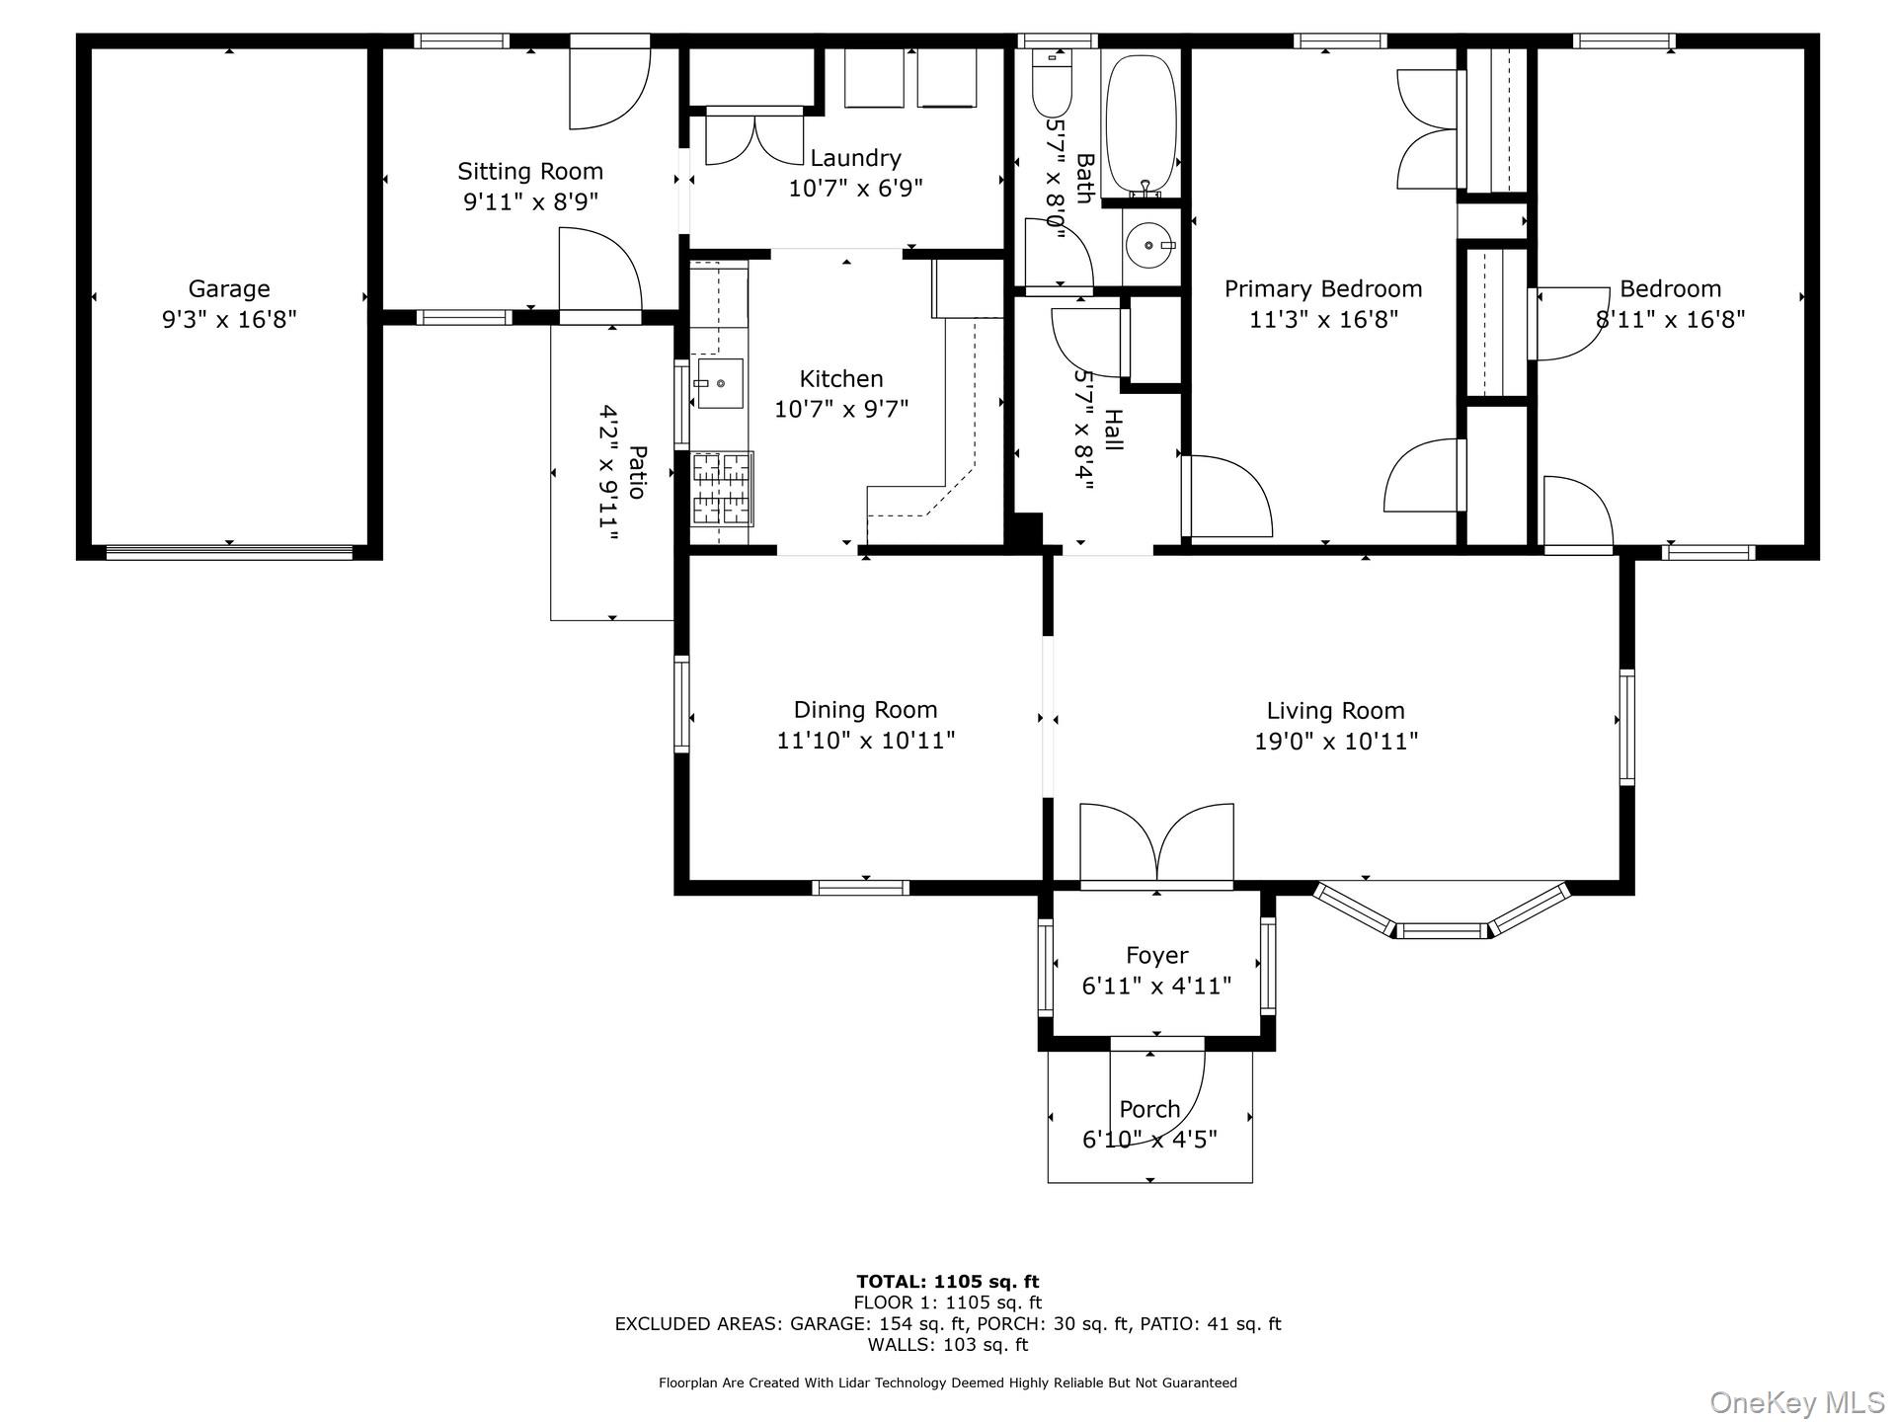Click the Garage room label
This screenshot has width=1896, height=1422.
coord(229,289)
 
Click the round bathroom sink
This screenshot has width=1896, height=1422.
coord(1149,243)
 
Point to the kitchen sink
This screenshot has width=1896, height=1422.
coord(719,383)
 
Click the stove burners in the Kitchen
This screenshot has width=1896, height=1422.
coord(722,488)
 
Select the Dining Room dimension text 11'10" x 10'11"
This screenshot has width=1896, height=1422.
coord(865,741)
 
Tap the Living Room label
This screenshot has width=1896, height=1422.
coord(1335,711)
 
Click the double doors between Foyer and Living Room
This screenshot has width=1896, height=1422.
coord(1156,844)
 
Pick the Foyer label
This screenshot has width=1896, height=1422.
coord(1156,956)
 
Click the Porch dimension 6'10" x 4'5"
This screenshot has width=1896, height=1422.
coord(1149,1140)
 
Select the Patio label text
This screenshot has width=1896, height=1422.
coord(638,472)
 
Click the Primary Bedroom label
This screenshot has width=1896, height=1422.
coord(1323,289)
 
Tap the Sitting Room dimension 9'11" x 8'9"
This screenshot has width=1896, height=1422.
coord(530,201)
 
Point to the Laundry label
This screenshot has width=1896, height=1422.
coord(855,158)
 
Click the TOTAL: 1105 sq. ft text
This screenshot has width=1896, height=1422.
coord(947,1282)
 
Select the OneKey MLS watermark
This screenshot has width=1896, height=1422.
coord(1796,1401)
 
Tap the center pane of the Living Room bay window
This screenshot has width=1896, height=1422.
coord(1442,930)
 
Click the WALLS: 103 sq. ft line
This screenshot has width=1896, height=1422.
coord(947,1345)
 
